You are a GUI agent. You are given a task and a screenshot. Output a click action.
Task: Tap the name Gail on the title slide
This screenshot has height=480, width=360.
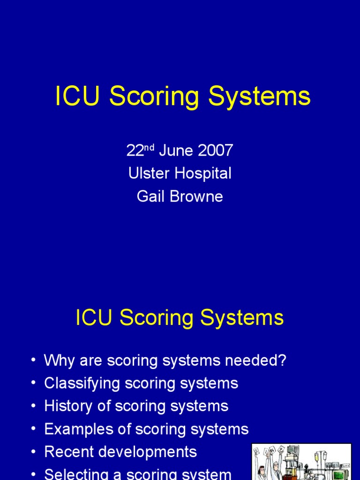(149, 196)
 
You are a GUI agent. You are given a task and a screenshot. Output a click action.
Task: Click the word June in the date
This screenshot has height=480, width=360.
(176, 151)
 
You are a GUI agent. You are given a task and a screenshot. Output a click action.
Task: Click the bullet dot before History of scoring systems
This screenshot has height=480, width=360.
(33, 406)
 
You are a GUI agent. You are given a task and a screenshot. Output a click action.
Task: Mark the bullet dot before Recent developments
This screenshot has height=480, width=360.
(33, 452)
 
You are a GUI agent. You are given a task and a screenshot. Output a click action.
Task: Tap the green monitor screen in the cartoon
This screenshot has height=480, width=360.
(338, 474)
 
